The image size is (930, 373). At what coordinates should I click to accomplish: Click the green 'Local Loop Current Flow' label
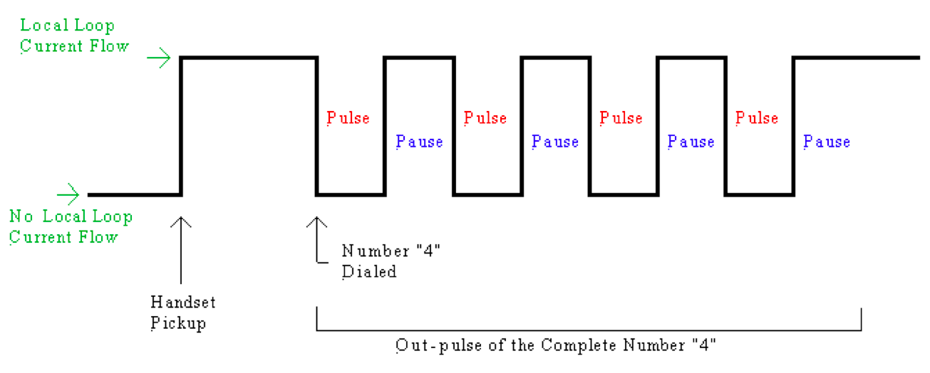[74, 36]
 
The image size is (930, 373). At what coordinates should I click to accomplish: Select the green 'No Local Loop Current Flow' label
[71, 226]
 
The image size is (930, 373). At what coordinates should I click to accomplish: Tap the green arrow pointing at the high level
[158, 58]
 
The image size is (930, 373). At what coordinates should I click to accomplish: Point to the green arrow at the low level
[68, 194]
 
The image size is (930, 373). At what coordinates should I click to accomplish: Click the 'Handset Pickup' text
[182, 312]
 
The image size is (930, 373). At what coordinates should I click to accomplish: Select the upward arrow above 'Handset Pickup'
[182, 249]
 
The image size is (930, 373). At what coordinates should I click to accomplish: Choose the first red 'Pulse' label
[348, 118]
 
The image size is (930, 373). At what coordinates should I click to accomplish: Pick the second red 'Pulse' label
[485, 118]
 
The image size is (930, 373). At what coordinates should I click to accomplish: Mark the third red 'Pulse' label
[621, 118]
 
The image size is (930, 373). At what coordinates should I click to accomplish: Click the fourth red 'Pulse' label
[757, 118]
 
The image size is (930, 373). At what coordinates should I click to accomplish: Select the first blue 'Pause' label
[419, 142]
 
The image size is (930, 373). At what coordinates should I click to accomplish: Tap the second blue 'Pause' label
[555, 142]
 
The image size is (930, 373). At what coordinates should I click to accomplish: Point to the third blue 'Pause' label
[691, 142]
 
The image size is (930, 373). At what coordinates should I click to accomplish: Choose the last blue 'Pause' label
[827, 142]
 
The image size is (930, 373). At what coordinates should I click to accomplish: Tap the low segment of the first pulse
[351, 194]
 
